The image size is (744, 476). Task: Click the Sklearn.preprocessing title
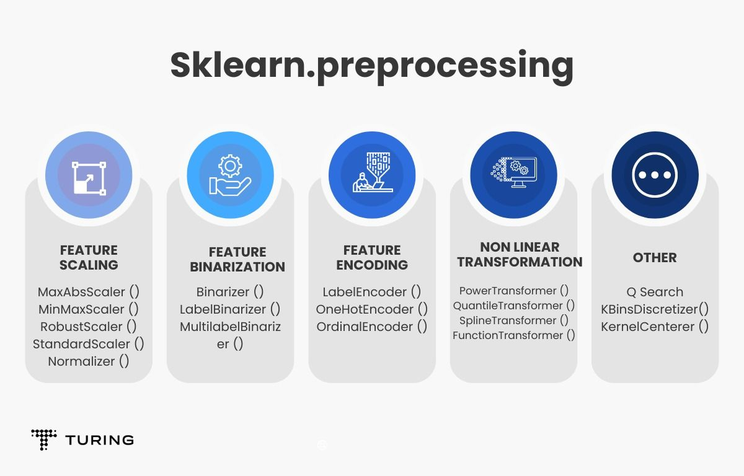[371, 66]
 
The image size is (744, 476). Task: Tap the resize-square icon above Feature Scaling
[89, 178]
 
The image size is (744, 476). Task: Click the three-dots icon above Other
[655, 175]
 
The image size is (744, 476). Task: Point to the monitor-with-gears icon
[514, 172]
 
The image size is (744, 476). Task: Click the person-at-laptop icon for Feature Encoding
[373, 172]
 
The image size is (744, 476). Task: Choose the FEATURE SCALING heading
[89, 258]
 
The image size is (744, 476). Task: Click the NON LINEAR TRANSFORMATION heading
[520, 255]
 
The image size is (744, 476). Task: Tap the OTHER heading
[655, 258]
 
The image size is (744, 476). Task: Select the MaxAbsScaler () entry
[88, 292]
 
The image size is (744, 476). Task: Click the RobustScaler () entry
[88, 327]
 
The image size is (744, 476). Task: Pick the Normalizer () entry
[88, 361]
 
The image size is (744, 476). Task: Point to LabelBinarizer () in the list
[230, 309]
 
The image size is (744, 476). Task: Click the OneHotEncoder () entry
[371, 309]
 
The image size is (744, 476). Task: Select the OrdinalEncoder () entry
[371, 327]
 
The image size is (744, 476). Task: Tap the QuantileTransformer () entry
[513, 306]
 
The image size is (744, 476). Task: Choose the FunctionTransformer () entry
[513, 335]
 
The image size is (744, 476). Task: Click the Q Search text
[655, 292]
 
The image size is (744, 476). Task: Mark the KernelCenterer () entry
[655, 327]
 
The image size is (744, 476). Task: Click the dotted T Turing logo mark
[44, 439]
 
